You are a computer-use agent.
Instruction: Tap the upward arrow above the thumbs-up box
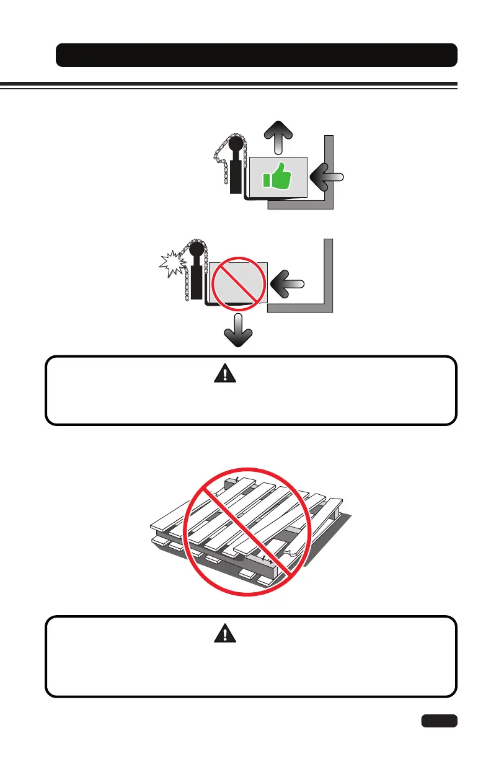pos(278,136)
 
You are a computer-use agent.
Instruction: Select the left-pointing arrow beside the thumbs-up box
pos(327,177)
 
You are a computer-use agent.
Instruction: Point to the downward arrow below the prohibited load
pos(237,332)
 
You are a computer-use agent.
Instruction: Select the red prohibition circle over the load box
pos(238,283)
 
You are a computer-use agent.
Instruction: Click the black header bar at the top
pos(256,55)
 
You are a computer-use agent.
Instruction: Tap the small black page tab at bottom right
pos(439,721)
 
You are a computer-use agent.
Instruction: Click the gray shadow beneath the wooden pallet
pos(322,546)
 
